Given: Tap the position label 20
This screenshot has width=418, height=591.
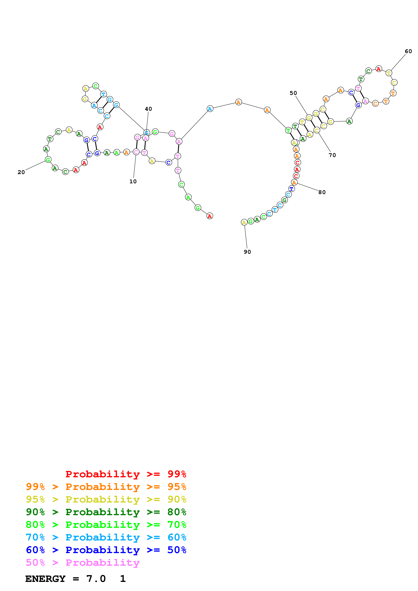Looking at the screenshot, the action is (21, 172).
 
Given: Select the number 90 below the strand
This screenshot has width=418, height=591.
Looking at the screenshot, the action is (247, 252).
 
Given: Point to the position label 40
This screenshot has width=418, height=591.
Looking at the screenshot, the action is (148, 109).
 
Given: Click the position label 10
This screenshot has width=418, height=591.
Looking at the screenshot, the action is (133, 181).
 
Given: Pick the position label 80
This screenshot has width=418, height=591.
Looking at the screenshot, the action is (322, 192).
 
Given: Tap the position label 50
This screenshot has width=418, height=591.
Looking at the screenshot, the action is (293, 93).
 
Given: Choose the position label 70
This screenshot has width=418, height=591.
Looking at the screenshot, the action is (332, 155).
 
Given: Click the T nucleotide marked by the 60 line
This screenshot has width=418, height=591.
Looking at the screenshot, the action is (389, 73).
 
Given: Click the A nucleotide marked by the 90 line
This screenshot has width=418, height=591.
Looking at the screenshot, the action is (244, 222).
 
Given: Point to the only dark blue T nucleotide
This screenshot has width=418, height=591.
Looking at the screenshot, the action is (291, 189).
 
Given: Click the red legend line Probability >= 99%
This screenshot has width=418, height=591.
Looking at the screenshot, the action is (126, 474).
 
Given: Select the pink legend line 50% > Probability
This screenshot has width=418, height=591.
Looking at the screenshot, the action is (82, 563).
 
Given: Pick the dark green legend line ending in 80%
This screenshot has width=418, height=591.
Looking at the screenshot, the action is (106, 512).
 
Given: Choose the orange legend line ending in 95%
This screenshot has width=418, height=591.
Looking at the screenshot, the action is (106, 487).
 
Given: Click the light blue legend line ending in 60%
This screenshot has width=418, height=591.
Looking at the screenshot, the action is (106, 537).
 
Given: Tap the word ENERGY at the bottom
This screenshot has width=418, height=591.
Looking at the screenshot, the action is (45, 579).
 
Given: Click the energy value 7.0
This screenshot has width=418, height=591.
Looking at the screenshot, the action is (96, 579).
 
